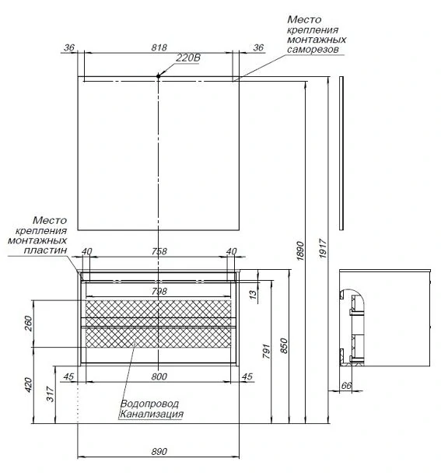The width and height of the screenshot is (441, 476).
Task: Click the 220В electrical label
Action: (188, 58)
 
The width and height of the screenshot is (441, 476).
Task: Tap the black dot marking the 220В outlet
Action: (158, 76)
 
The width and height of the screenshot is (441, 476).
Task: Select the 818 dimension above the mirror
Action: (159, 47)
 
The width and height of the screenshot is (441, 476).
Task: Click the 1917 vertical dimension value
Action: (323, 248)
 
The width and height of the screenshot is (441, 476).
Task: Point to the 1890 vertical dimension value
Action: (300, 250)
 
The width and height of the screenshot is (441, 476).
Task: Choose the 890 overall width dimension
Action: (159, 451)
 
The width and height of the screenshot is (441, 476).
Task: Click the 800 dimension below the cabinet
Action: (159, 376)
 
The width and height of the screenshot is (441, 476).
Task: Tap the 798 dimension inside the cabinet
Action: (159, 291)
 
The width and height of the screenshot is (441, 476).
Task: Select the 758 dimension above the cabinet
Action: (159, 251)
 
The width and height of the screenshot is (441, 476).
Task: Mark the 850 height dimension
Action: (284, 345)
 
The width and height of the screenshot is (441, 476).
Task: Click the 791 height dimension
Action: (266, 351)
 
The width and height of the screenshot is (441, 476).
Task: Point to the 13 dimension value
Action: (253, 293)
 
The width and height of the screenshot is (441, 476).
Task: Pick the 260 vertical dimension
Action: (28, 324)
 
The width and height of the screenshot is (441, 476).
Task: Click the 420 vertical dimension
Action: (28, 385)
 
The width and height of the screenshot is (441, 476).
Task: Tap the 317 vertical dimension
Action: (51, 394)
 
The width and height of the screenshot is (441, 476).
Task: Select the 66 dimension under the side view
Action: (346, 385)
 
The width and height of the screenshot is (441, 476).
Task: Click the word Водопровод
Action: (149, 404)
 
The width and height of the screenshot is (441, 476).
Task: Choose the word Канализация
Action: (152, 414)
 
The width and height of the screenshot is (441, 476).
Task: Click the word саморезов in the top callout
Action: (313, 50)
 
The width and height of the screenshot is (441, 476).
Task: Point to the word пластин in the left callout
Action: (45, 250)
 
